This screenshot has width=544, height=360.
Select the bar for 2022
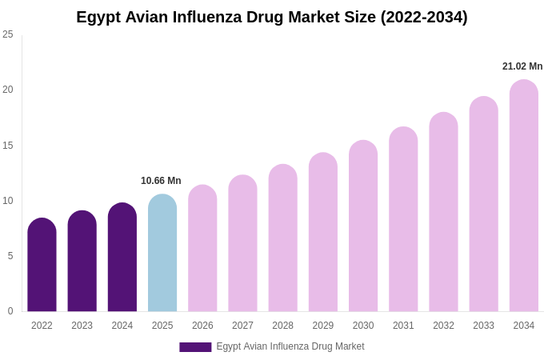tap(42, 265)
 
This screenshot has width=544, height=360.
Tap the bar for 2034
tap(524, 196)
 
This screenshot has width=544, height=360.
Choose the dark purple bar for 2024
tap(122, 258)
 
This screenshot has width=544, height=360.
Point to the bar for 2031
tap(403, 219)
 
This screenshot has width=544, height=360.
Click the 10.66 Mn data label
tap(161, 181)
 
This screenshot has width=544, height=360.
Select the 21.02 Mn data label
tap(522, 66)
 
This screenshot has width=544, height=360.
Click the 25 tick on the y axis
tap(8, 34)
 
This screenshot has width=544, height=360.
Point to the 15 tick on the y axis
tap(8, 146)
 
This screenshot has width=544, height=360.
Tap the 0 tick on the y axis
tap(10, 311)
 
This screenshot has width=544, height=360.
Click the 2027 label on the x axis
tap(242, 326)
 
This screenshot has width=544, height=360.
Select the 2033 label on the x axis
tap(483, 326)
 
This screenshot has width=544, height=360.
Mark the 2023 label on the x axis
tap(82, 326)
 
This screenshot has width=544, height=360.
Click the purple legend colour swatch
tap(195, 347)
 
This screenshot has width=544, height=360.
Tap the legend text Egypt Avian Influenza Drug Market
tap(290, 346)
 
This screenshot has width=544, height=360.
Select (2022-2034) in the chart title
tap(423, 17)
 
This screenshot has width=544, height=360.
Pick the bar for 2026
tap(202, 249)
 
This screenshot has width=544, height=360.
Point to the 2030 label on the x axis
tap(363, 326)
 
